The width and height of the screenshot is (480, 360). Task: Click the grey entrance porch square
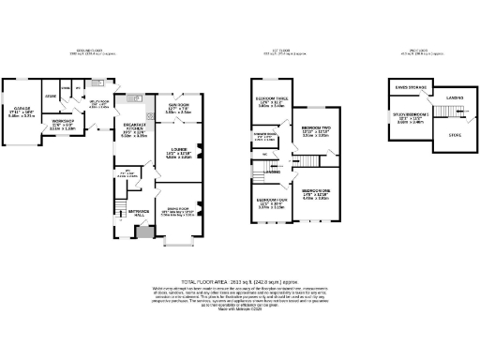[141, 232]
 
